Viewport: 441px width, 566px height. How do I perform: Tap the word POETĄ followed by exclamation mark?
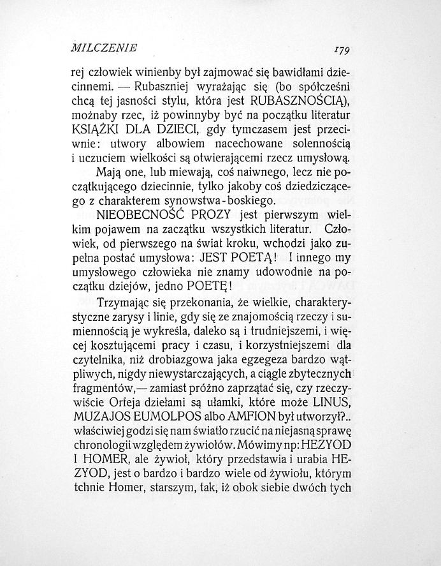pyautogui.click(x=236, y=258)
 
